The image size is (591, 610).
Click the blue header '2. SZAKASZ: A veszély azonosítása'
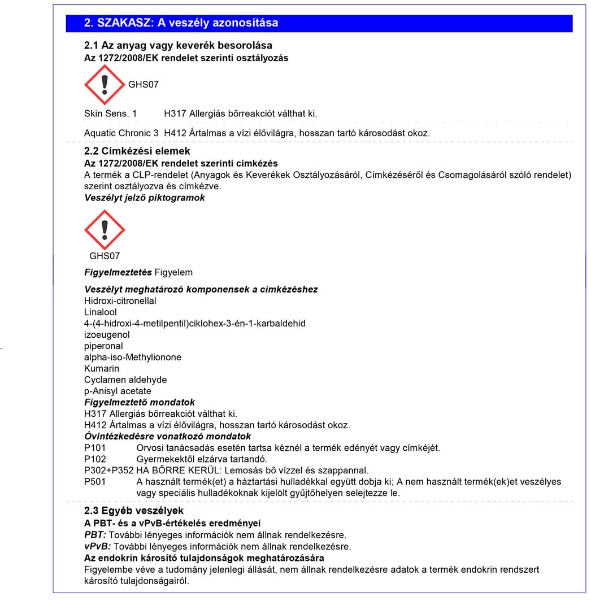[x=181, y=23]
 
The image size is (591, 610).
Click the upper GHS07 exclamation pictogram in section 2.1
[x=104, y=85]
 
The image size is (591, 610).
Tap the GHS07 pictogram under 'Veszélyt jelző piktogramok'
[x=104, y=230]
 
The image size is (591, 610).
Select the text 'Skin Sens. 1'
[x=110, y=114]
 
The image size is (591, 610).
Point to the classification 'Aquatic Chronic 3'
[x=121, y=133]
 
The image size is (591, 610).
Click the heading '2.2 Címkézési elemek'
[x=137, y=151]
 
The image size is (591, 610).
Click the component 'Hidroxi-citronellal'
[x=120, y=301]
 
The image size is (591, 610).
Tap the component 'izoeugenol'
[x=107, y=335]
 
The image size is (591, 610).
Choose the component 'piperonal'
[x=103, y=346]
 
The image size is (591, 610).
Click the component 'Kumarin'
[x=102, y=369]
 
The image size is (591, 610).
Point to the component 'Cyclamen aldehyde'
[x=125, y=380]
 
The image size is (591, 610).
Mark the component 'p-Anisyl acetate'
[x=118, y=391]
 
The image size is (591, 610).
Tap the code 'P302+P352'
[x=108, y=470]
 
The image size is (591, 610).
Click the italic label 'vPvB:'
[x=95, y=546]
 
